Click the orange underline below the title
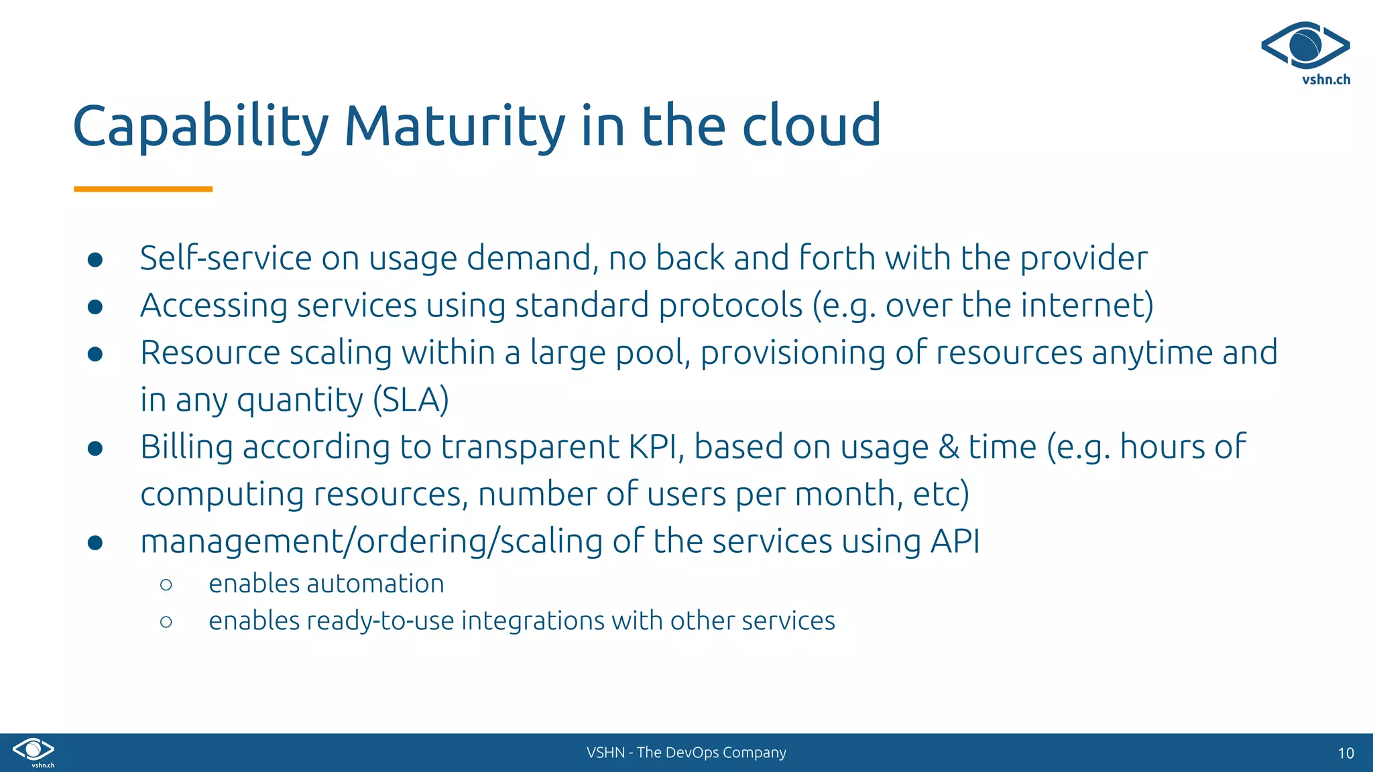tap(143, 190)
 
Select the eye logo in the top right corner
tap(1305, 46)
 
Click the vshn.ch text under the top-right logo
tap(1325, 80)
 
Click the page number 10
tap(1346, 753)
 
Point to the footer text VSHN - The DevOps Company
tap(686, 753)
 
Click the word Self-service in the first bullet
tap(226, 258)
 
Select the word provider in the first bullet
tap(1083, 259)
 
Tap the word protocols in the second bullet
tap(730, 306)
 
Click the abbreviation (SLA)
tap(410, 400)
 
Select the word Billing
tap(186, 447)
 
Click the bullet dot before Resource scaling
tap(95, 354)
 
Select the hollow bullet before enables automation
tap(166, 585)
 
